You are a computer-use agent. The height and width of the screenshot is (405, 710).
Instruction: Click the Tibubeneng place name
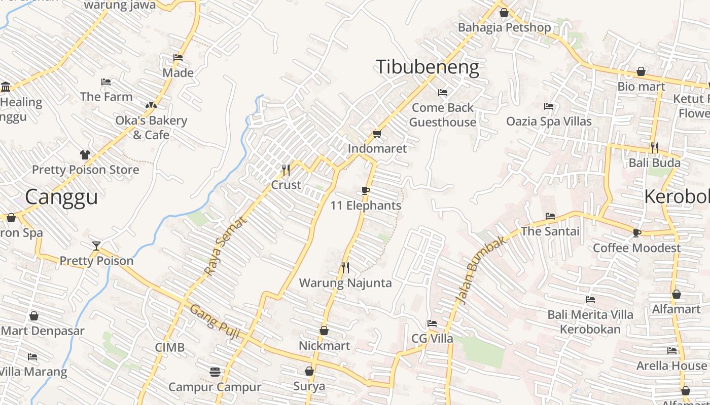point(427,67)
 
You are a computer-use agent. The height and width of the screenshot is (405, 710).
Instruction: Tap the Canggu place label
point(61,196)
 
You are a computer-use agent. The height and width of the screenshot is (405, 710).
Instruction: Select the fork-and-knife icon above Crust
point(286,170)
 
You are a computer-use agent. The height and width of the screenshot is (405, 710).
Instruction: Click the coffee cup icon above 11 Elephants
point(365,190)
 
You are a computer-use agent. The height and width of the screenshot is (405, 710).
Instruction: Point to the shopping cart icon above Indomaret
point(377,134)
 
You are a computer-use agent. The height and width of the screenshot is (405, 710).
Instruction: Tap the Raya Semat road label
point(226,246)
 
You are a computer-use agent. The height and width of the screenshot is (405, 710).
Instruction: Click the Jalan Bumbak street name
point(482,270)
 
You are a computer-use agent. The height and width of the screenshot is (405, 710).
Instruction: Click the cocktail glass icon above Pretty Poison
point(96,246)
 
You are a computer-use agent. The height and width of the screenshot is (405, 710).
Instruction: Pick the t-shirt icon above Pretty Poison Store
point(85,154)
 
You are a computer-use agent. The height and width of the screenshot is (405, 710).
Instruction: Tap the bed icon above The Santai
point(550,216)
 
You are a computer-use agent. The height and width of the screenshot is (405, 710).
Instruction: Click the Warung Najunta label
point(345,282)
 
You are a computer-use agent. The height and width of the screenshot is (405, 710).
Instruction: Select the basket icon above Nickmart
point(324,331)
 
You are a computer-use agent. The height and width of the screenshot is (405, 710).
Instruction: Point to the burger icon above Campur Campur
point(215,372)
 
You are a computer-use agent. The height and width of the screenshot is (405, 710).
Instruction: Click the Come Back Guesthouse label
point(442,114)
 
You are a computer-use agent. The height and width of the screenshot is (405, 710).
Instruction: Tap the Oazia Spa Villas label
point(549,121)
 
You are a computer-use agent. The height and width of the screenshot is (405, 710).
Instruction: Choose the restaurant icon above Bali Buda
point(654,148)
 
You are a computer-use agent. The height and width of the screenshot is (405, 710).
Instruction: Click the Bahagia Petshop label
point(504,27)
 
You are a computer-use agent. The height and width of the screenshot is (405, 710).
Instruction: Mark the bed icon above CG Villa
point(432,323)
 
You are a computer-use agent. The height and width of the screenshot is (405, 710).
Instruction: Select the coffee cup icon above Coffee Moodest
point(637,233)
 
